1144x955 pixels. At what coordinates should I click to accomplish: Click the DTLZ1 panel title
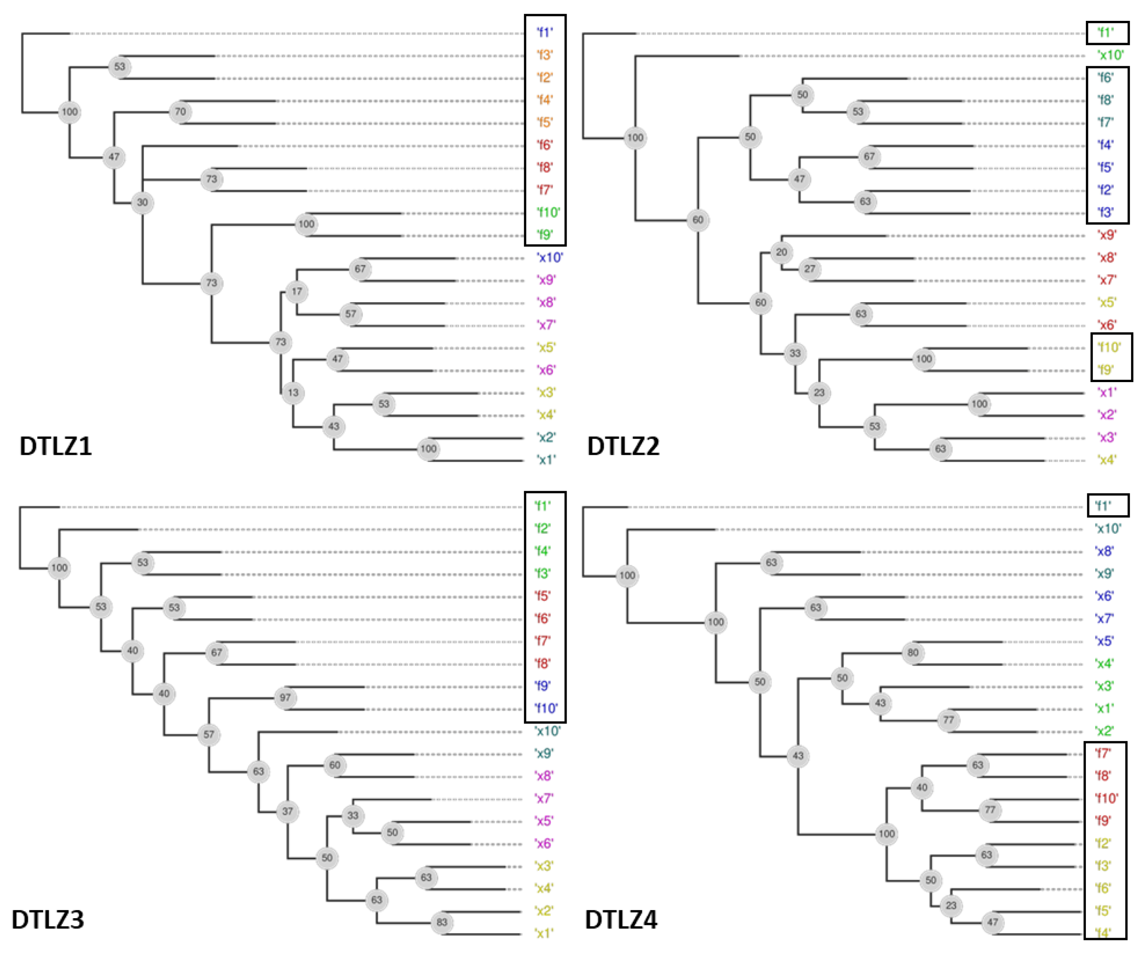[x=56, y=446]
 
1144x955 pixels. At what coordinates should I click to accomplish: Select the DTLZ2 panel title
[x=623, y=446]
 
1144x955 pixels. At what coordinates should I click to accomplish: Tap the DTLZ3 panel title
[x=48, y=919]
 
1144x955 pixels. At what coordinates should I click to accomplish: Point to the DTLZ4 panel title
[x=621, y=919]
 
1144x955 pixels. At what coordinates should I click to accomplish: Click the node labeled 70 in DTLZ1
[x=180, y=112]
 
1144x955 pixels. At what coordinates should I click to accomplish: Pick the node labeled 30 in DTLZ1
[x=142, y=202]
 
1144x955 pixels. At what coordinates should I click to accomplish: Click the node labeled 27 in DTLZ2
[x=810, y=268]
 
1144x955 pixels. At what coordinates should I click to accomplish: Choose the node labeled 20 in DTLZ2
[x=781, y=252]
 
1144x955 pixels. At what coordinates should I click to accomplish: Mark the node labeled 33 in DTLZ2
[x=795, y=353]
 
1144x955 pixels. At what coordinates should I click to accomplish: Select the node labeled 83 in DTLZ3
[x=441, y=922]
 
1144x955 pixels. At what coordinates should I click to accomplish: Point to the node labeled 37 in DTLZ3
[x=287, y=811]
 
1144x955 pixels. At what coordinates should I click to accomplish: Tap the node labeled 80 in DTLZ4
[x=913, y=652]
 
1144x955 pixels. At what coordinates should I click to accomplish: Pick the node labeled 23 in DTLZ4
[x=951, y=905]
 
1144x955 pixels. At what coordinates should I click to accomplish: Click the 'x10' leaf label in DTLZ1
[x=549, y=257]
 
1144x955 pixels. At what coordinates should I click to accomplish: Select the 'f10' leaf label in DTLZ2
[x=1109, y=347]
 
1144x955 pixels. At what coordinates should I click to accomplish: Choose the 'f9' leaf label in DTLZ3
[x=542, y=686]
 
